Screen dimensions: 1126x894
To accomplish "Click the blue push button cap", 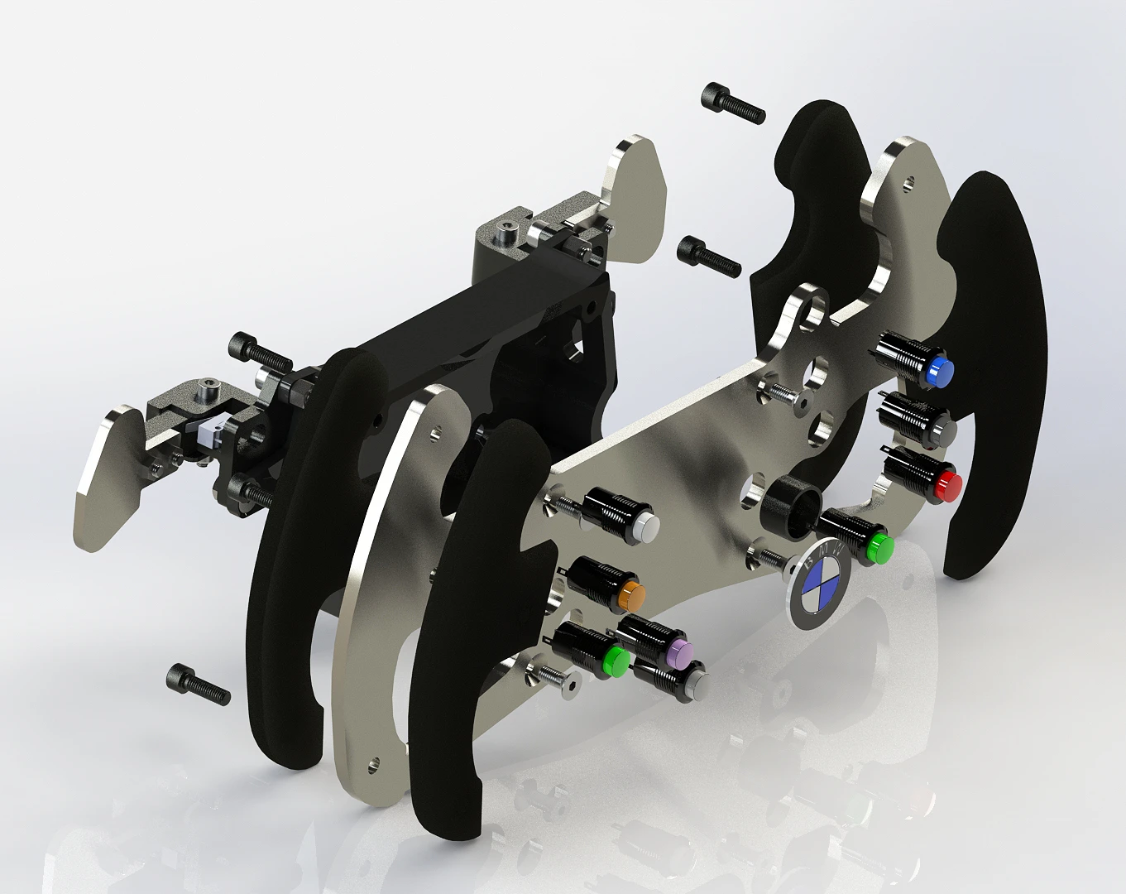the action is (x=940, y=370).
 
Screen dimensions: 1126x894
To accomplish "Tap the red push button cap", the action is (x=948, y=486).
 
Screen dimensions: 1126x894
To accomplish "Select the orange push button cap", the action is (x=631, y=597).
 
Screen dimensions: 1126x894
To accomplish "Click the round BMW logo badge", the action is (x=817, y=584).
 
